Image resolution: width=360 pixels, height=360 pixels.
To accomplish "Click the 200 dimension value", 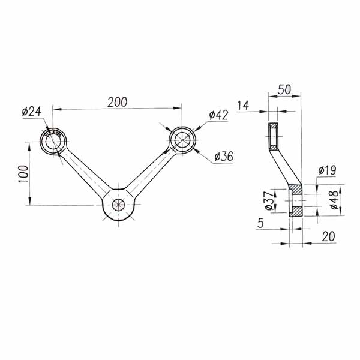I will pyautogui.click(x=117, y=102).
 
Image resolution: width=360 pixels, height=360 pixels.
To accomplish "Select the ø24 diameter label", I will pyautogui.click(x=31, y=112).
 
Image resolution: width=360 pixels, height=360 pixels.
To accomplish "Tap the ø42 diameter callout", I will pyautogui.click(x=218, y=115).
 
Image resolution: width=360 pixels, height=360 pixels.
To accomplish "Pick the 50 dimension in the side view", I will pyautogui.click(x=284, y=89).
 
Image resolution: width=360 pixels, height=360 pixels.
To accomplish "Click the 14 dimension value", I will pyautogui.click(x=242, y=106).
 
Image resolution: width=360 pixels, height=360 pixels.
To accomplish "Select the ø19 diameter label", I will pyautogui.click(x=326, y=170).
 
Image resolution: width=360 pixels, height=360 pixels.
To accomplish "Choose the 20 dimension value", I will pyautogui.click(x=327, y=237).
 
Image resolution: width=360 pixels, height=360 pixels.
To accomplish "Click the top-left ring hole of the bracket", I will pyautogui.click(x=53, y=141).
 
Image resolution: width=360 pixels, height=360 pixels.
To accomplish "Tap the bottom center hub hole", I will pyautogui.click(x=118, y=204).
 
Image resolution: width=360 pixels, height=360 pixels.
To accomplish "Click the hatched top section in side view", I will pyautogui.click(x=273, y=137).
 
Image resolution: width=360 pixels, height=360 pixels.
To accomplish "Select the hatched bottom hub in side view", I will pyautogui.click(x=296, y=201).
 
